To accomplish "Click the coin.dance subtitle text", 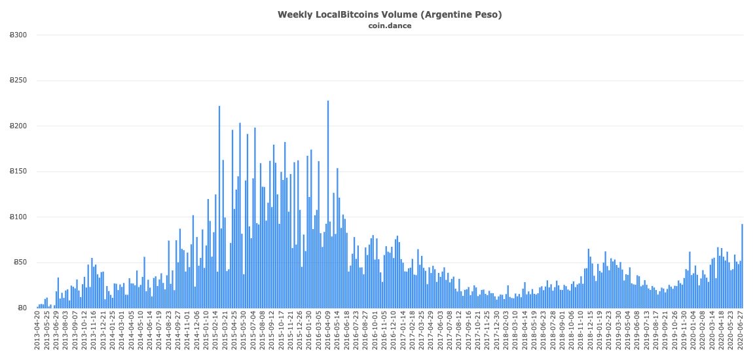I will click(x=390, y=26).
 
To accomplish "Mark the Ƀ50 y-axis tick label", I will click(x=21, y=262).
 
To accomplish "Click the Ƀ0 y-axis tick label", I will click(x=23, y=308).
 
